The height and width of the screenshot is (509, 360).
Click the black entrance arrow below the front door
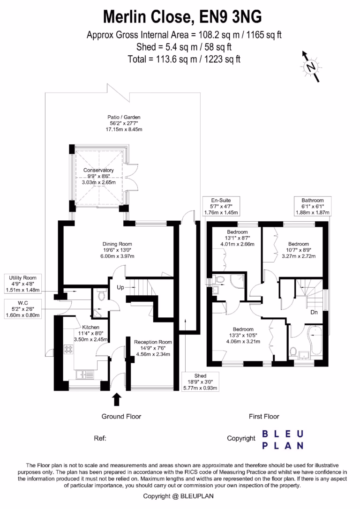coord(117,399)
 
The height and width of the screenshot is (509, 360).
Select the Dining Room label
coord(117,250)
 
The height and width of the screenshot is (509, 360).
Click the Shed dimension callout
coord(200,382)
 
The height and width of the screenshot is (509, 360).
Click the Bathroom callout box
coord(312,206)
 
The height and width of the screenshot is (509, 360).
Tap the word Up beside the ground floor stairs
coord(120,287)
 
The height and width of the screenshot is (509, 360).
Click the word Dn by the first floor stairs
coord(315,312)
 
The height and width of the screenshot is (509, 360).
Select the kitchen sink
coord(84,374)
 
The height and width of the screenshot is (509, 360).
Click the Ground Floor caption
coord(121,416)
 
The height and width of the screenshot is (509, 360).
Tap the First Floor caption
coord(263,416)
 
